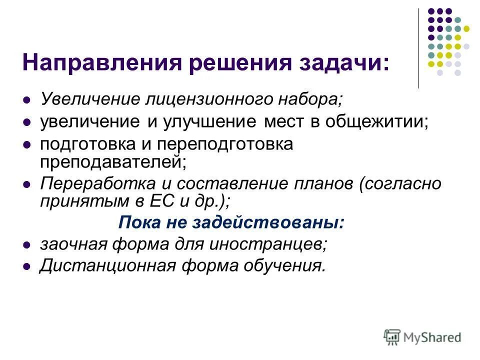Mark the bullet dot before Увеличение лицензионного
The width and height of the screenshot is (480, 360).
pos(28,100)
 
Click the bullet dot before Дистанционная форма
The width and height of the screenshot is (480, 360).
pos(28,267)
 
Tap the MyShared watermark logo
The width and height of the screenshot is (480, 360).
pos(422,336)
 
